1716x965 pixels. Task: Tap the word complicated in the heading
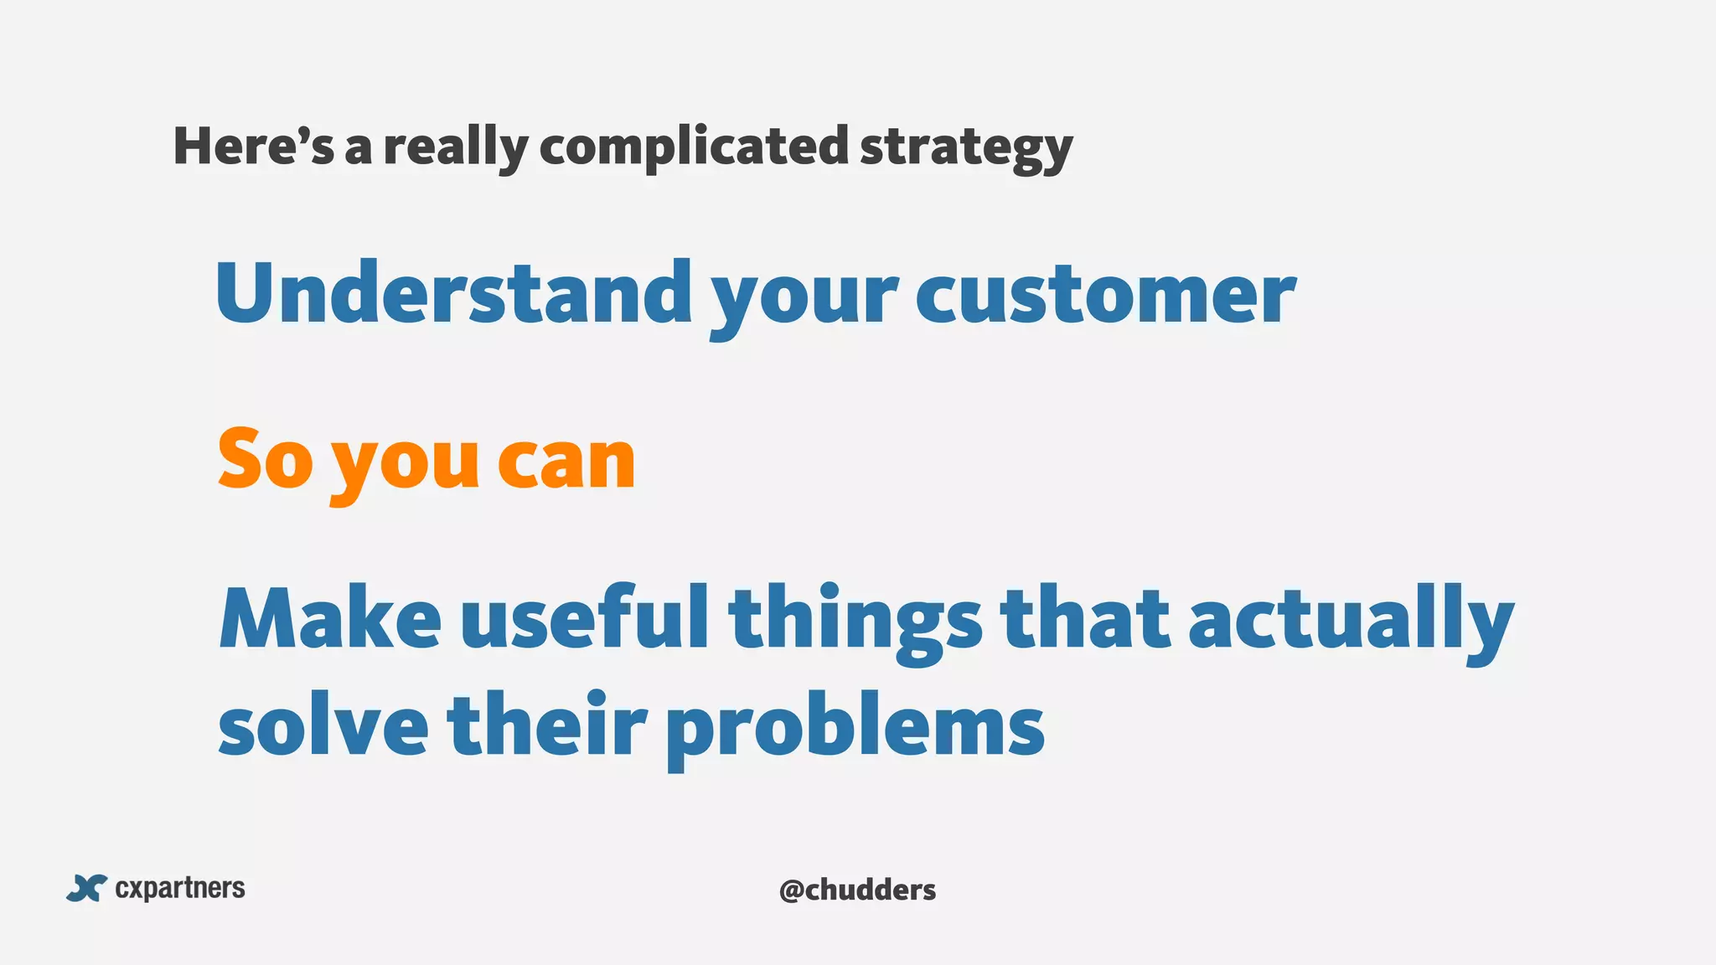point(693,147)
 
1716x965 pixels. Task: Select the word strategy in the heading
point(965,149)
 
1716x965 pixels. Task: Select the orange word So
point(265,458)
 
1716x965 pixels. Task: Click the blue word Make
point(329,620)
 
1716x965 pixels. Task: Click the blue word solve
point(323,724)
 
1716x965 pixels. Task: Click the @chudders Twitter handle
point(857,889)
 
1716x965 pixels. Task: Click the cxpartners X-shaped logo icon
point(87,888)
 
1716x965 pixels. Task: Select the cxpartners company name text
point(180,888)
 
